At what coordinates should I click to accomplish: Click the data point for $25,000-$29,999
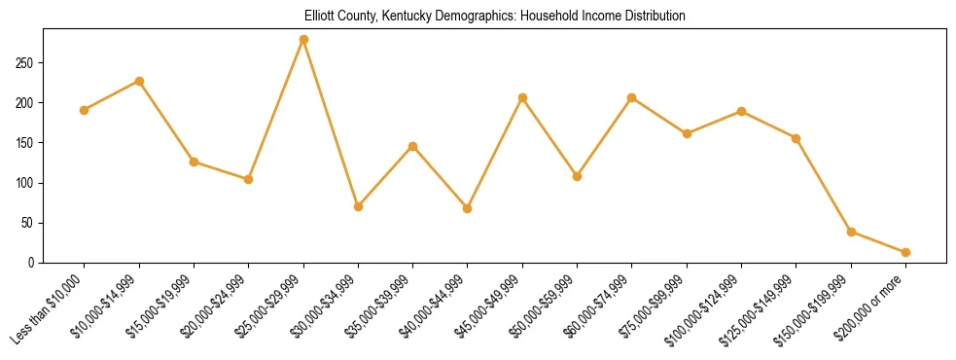[303, 40]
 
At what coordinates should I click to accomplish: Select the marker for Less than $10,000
[85, 110]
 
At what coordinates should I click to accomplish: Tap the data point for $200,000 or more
[905, 252]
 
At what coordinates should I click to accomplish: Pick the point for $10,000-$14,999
[139, 81]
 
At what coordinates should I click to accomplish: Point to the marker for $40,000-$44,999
[468, 208]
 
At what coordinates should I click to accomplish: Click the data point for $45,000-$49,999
[522, 97]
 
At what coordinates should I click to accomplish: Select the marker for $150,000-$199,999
[851, 232]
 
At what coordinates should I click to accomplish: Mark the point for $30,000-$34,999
[358, 206]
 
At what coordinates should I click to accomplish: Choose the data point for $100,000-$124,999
[741, 111]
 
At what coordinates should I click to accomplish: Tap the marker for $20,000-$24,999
[249, 179]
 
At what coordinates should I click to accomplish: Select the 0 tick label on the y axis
[32, 263]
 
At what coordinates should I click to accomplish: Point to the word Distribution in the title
[651, 17]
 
